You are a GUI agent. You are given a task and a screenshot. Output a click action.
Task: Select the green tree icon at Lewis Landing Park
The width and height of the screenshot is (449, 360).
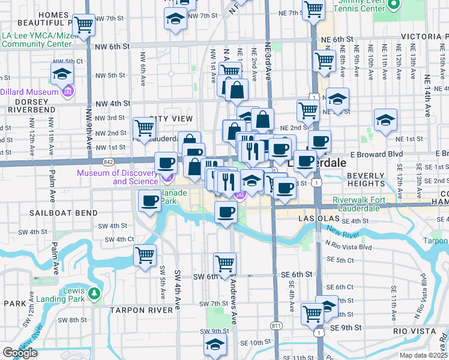click(94, 294)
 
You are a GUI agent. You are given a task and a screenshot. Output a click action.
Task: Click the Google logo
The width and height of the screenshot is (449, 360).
click(20, 353)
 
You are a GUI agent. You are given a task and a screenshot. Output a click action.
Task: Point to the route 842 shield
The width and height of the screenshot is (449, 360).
click(108, 162)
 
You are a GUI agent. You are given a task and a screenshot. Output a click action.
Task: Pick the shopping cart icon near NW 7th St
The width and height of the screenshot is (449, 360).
click(84, 25)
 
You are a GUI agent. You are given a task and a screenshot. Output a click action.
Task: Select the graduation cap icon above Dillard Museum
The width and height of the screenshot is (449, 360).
click(61, 74)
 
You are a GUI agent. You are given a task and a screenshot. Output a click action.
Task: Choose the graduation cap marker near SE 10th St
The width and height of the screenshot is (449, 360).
click(214, 346)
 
